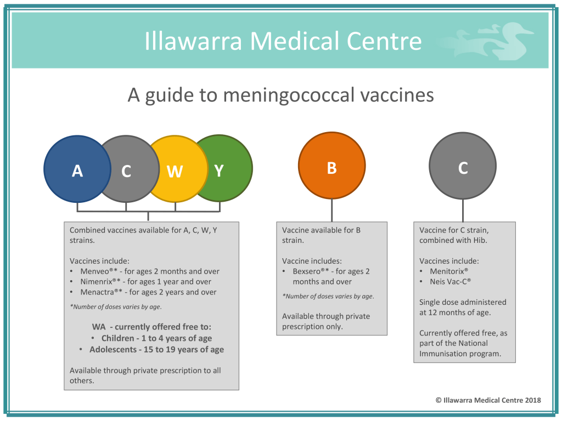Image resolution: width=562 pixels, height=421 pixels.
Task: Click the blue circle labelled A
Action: click(x=74, y=170)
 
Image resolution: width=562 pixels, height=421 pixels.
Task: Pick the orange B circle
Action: click(x=331, y=168)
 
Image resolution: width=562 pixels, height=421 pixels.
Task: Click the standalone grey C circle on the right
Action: click(x=463, y=168)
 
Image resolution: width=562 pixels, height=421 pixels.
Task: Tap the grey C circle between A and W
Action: click(x=127, y=171)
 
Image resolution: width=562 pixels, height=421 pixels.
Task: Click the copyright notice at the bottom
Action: click(x=488, y=400)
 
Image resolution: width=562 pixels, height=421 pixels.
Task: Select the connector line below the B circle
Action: click(x=331, y=210)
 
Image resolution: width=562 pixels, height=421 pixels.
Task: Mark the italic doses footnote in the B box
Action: click(x=328, y=297)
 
